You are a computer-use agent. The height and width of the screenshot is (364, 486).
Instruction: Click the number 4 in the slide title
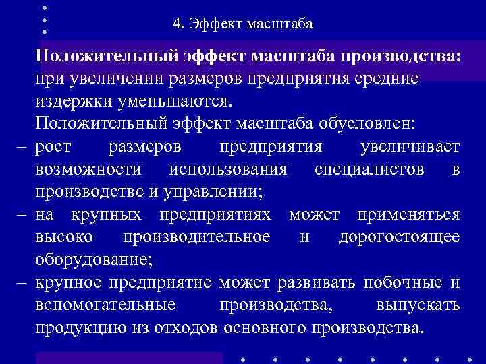(x=176, y=25)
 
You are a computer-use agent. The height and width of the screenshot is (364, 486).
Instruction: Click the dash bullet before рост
(x=22, y=147)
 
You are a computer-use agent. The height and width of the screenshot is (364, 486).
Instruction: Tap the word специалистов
(x=369, y=170)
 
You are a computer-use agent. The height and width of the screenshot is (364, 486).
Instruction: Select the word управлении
(x=215, y=192)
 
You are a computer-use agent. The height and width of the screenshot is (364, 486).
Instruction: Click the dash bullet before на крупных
(x=22, y=215)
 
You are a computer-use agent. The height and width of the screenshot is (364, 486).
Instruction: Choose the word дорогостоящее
(x=399, y=238)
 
